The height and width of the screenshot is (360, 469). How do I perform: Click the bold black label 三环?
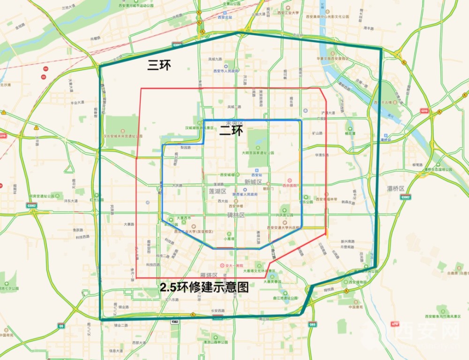click(x=159, y=65)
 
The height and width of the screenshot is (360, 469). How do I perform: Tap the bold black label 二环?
click(x=231, y=131)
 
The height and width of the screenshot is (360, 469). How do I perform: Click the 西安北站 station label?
click(x=226, y=17)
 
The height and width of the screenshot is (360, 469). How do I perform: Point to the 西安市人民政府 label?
click(x=226, y=71)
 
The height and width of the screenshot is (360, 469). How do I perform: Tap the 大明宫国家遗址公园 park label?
click(x=257, y=153)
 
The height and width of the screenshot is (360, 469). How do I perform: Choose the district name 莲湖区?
click(x=218, y=192)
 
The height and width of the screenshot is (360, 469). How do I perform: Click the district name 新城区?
click(x=253, y=182)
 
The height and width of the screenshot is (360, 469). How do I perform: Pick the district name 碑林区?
click(x=236, y=215)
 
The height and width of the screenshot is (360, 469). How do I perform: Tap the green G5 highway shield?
click(x=61, y=325)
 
